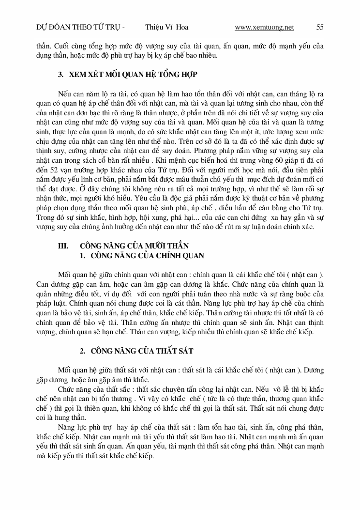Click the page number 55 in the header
pyautogui.click(x=320, y=28)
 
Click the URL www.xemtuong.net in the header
pyautogui.click(x=264, y=28)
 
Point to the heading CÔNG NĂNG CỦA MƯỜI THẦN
pyautogui.click(x=134, y=246)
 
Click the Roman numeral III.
pyautogui.click(x=63, y=246)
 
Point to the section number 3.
pyautogui.click(x=60, y=75)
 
